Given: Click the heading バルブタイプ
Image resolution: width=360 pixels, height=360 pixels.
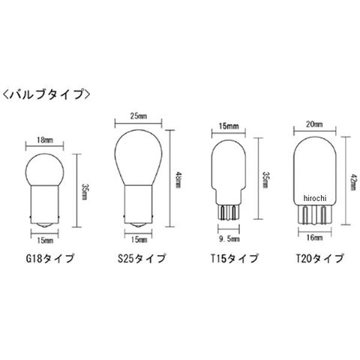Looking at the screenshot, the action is pos(46,94).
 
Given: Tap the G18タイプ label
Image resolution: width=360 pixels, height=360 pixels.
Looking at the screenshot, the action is pos(50,259).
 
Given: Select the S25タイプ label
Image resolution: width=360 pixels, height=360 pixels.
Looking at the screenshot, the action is pos(142,259).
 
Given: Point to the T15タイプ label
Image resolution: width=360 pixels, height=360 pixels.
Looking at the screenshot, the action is pos(234,259).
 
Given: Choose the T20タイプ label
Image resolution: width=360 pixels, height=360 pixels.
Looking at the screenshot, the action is pos(319,259).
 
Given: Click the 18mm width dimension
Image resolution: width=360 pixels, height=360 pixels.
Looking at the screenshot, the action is pos(45,140).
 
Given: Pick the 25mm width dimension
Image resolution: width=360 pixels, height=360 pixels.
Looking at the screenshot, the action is pos(139,116).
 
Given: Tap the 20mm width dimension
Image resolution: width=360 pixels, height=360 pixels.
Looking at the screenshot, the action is pos(314,124).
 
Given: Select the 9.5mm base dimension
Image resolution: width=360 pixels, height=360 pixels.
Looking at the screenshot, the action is pos(229,239).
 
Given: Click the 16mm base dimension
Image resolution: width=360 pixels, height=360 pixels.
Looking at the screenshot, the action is pos(314,238).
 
